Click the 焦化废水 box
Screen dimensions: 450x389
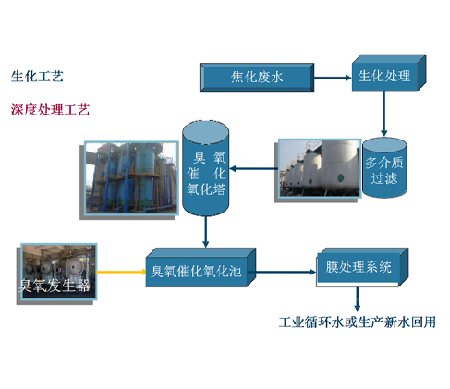(x=257, y=78)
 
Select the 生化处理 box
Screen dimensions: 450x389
(x=389, y=73)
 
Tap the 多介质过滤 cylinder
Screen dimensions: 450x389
(x=384, y=167)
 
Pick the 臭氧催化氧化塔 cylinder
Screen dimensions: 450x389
(x=206, y=168)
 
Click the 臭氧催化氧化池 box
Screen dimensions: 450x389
(x=201, y=268)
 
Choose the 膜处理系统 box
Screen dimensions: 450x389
(x=362, y=267)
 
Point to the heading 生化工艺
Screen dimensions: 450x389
(x=37, y=77)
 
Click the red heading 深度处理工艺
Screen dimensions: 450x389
(x=50, y=110)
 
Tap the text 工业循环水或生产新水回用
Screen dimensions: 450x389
(x=358, y=322)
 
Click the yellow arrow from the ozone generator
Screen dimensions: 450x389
(x=121, y=272)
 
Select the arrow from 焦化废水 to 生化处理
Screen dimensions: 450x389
(x=333, y=78)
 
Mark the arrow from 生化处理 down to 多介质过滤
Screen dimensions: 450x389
(x=383, y=114)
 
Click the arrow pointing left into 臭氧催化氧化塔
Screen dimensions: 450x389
(x=254, y=168)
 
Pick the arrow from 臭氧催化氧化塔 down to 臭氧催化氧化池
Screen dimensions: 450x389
(x=206, y=232)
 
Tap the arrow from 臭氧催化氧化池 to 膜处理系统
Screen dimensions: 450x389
(x=286, y=272)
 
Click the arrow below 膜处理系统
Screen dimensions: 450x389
(x=357, y=299)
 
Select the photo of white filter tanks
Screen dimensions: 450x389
(x=320, y=168)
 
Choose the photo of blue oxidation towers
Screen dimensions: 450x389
(x=131, y=178)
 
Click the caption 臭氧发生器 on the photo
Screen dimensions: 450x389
(x=55, y=286)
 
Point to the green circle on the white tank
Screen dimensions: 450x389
(x=341, y=177)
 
